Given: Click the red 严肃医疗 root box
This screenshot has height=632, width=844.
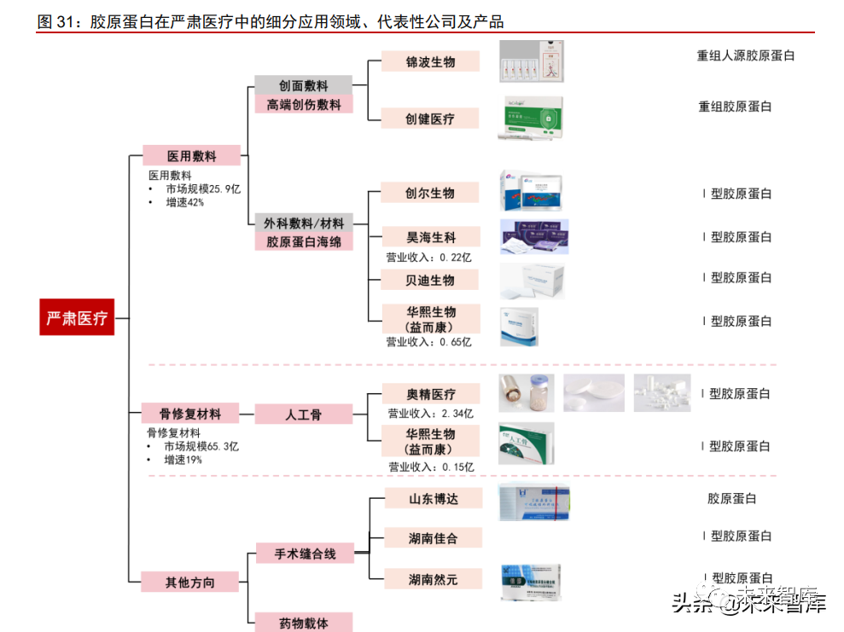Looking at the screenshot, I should coord(77,318).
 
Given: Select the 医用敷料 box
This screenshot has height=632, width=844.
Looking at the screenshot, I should coord(191,156).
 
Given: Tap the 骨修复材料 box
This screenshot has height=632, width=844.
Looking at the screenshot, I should coord(190,414).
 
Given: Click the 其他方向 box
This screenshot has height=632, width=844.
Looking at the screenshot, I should coord(190,583).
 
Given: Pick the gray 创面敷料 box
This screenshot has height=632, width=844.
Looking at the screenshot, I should coord(303,85).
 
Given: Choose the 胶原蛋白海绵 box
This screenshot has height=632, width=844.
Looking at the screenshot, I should coord(303,242).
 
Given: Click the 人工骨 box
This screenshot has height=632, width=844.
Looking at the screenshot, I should coord(303,415).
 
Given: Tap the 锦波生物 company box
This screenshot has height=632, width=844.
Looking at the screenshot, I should coord(430,61).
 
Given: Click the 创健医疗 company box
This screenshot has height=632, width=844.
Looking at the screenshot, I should coord(430,119).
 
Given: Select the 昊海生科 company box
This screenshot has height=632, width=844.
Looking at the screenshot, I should coord(430,237).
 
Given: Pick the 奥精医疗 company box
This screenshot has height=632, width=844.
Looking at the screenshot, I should coord(430,394).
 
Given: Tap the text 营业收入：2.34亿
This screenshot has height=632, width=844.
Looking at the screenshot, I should coord(430,414).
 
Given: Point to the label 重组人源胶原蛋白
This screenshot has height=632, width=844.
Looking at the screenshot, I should coord(746,56).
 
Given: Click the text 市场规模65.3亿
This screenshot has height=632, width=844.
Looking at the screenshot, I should coord(201,446).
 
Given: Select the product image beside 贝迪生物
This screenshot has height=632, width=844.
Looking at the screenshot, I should coord(532,280).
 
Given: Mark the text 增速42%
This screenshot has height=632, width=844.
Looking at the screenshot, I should coord(184,202).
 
